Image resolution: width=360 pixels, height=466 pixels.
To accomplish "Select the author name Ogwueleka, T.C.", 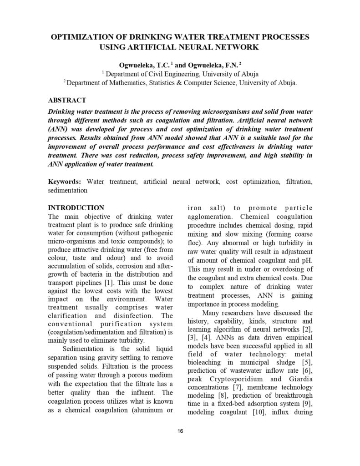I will [x=140, y=65].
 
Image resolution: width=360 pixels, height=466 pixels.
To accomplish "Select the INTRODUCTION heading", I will [x=76, y=208].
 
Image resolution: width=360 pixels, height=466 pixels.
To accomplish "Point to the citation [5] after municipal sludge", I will [x=306, y=362].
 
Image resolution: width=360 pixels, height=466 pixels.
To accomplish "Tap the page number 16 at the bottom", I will [x=180, y=432].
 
